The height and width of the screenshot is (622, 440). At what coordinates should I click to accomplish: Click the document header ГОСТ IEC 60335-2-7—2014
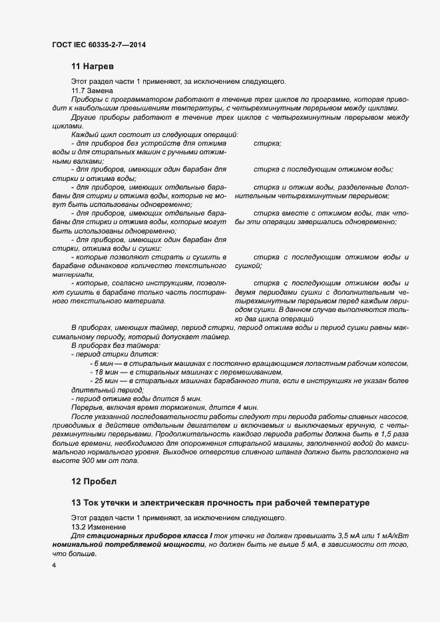coord(98,45)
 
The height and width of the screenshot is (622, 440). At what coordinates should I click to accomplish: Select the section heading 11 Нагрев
coord(93,67)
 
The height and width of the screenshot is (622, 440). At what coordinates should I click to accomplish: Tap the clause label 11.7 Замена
coord(92,90)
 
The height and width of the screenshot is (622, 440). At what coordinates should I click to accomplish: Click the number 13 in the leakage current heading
coord(76,502)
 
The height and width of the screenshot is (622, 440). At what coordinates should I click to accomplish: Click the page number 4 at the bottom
coord(54,565)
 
